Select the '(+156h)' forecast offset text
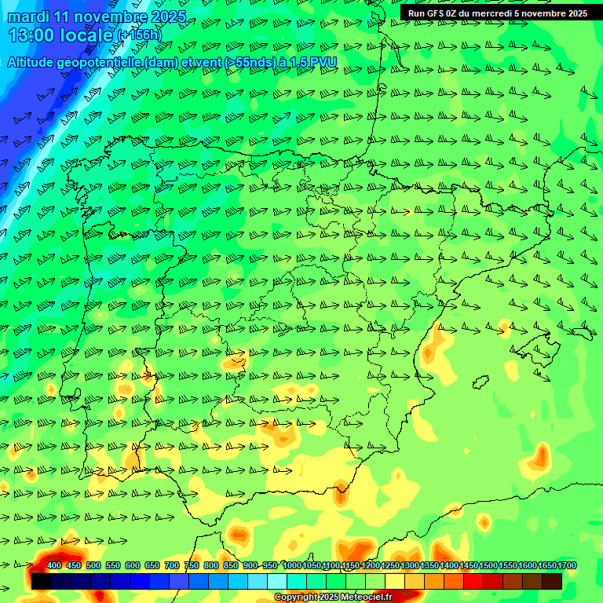139,35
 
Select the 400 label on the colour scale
54,565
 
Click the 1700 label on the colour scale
545,565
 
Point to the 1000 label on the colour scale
292,565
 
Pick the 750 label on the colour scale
192,565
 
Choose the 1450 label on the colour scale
469,565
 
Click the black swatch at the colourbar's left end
42,581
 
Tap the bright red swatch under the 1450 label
473,581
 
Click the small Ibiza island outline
480,382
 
